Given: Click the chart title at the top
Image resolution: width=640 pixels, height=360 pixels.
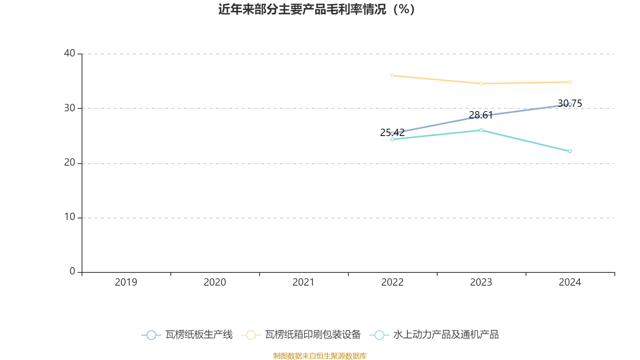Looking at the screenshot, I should (x=316, y=9).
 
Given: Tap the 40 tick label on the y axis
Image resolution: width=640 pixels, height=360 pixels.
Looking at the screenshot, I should (x=69, y=53).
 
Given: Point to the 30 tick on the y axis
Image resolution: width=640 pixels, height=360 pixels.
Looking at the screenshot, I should (x=69, y=108).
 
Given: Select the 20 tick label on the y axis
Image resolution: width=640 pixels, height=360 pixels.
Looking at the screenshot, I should (x=69, y=163).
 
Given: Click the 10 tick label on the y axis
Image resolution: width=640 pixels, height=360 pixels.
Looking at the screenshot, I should (x=69, y=217).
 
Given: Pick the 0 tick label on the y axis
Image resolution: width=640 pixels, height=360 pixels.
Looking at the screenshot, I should (x=72, y=272).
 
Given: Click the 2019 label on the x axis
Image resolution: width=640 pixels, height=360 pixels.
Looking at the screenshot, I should (x=126, y=282).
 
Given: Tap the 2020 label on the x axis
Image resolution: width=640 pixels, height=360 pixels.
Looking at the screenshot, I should (x=215, y=282).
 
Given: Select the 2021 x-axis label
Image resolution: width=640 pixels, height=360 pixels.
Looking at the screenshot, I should (x=304, y=282).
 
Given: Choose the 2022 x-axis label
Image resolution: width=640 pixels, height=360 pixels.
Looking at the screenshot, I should (x=392, y=282).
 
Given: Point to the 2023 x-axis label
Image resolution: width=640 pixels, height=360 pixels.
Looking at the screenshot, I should (x=481, y=282).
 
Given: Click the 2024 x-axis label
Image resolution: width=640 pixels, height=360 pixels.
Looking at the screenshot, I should (x=570, y=282).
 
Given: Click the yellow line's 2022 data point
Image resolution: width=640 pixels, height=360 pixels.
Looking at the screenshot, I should (x=392, y=76).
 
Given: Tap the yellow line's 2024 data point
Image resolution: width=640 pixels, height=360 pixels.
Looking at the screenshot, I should (x=570, y=82).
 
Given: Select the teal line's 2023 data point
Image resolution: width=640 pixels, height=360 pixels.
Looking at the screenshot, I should (x=481, y=130).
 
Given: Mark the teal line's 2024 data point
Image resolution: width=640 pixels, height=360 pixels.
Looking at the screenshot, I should (x=570, y=151).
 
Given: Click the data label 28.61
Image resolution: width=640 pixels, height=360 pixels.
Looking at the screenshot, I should (x=481, y=115).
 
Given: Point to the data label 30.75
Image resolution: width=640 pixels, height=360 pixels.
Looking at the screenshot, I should (x=570, y=104).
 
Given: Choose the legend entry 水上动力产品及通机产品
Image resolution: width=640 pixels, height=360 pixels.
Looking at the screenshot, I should (x=446, y=335).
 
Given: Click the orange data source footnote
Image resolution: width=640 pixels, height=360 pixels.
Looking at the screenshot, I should (x=320, y=356).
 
